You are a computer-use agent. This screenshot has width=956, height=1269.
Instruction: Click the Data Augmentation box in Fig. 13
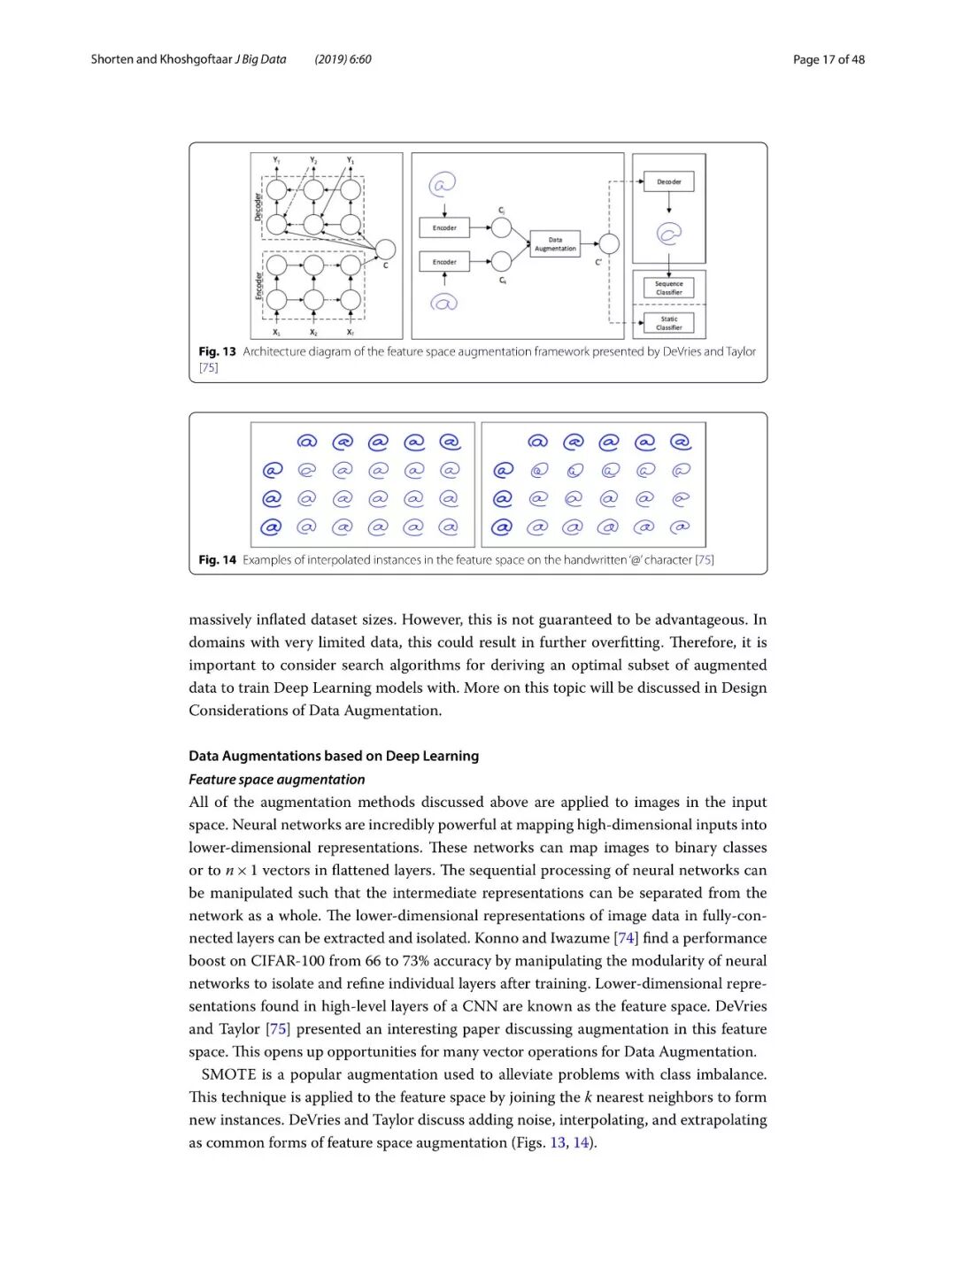coord(555,243)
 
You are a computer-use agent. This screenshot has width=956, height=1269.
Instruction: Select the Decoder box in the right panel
coord(668,181)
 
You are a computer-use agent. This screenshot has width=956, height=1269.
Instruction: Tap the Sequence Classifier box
coord(668,288)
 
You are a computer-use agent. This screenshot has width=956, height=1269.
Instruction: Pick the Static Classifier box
coord(668,323)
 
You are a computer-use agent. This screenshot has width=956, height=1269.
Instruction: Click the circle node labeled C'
coord(609,244)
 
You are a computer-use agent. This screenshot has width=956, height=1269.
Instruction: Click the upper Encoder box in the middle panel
coord(444,227)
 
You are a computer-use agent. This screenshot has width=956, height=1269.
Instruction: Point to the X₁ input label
coord(276,333)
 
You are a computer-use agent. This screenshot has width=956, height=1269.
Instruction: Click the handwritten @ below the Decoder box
coord(668,234)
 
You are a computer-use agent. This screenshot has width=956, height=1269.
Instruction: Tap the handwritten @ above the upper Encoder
coord(443,184)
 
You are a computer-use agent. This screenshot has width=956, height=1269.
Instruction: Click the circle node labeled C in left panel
coord(385,250)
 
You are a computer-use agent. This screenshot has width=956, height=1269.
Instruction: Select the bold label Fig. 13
coord(217,351)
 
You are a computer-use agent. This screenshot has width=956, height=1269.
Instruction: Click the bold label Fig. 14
coord(217,559)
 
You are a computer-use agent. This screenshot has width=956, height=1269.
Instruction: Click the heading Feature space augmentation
coord(276,779)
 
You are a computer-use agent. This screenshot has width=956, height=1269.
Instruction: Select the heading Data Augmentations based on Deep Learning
coord(334,756)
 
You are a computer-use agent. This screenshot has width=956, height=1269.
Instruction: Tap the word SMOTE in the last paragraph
coord(228,1074)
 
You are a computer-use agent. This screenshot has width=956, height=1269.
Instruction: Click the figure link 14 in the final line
coord(581,1142)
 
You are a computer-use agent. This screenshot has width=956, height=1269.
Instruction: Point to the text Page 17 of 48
coord(829,59)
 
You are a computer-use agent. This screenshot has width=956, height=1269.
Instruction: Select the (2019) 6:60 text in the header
coord(343,59)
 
